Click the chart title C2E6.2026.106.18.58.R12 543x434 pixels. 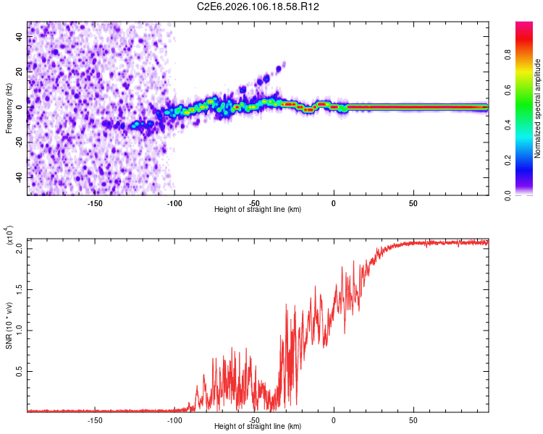pos(258,7)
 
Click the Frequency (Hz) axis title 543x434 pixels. pos(9,109)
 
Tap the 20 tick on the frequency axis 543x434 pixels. pos(20,71)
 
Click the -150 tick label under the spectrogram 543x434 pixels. pos(94,203)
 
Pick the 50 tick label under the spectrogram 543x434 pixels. pos(413,203)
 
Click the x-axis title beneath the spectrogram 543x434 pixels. pos(258,210)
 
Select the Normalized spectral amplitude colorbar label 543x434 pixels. pos(538,109)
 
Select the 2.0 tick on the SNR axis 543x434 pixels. pos(20,248)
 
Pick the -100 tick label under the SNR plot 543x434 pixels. pos(174,420)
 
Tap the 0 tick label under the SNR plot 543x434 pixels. pos(333,420)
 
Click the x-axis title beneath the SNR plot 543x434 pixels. pos(258,427)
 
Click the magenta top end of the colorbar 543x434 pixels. pos(524,25)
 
